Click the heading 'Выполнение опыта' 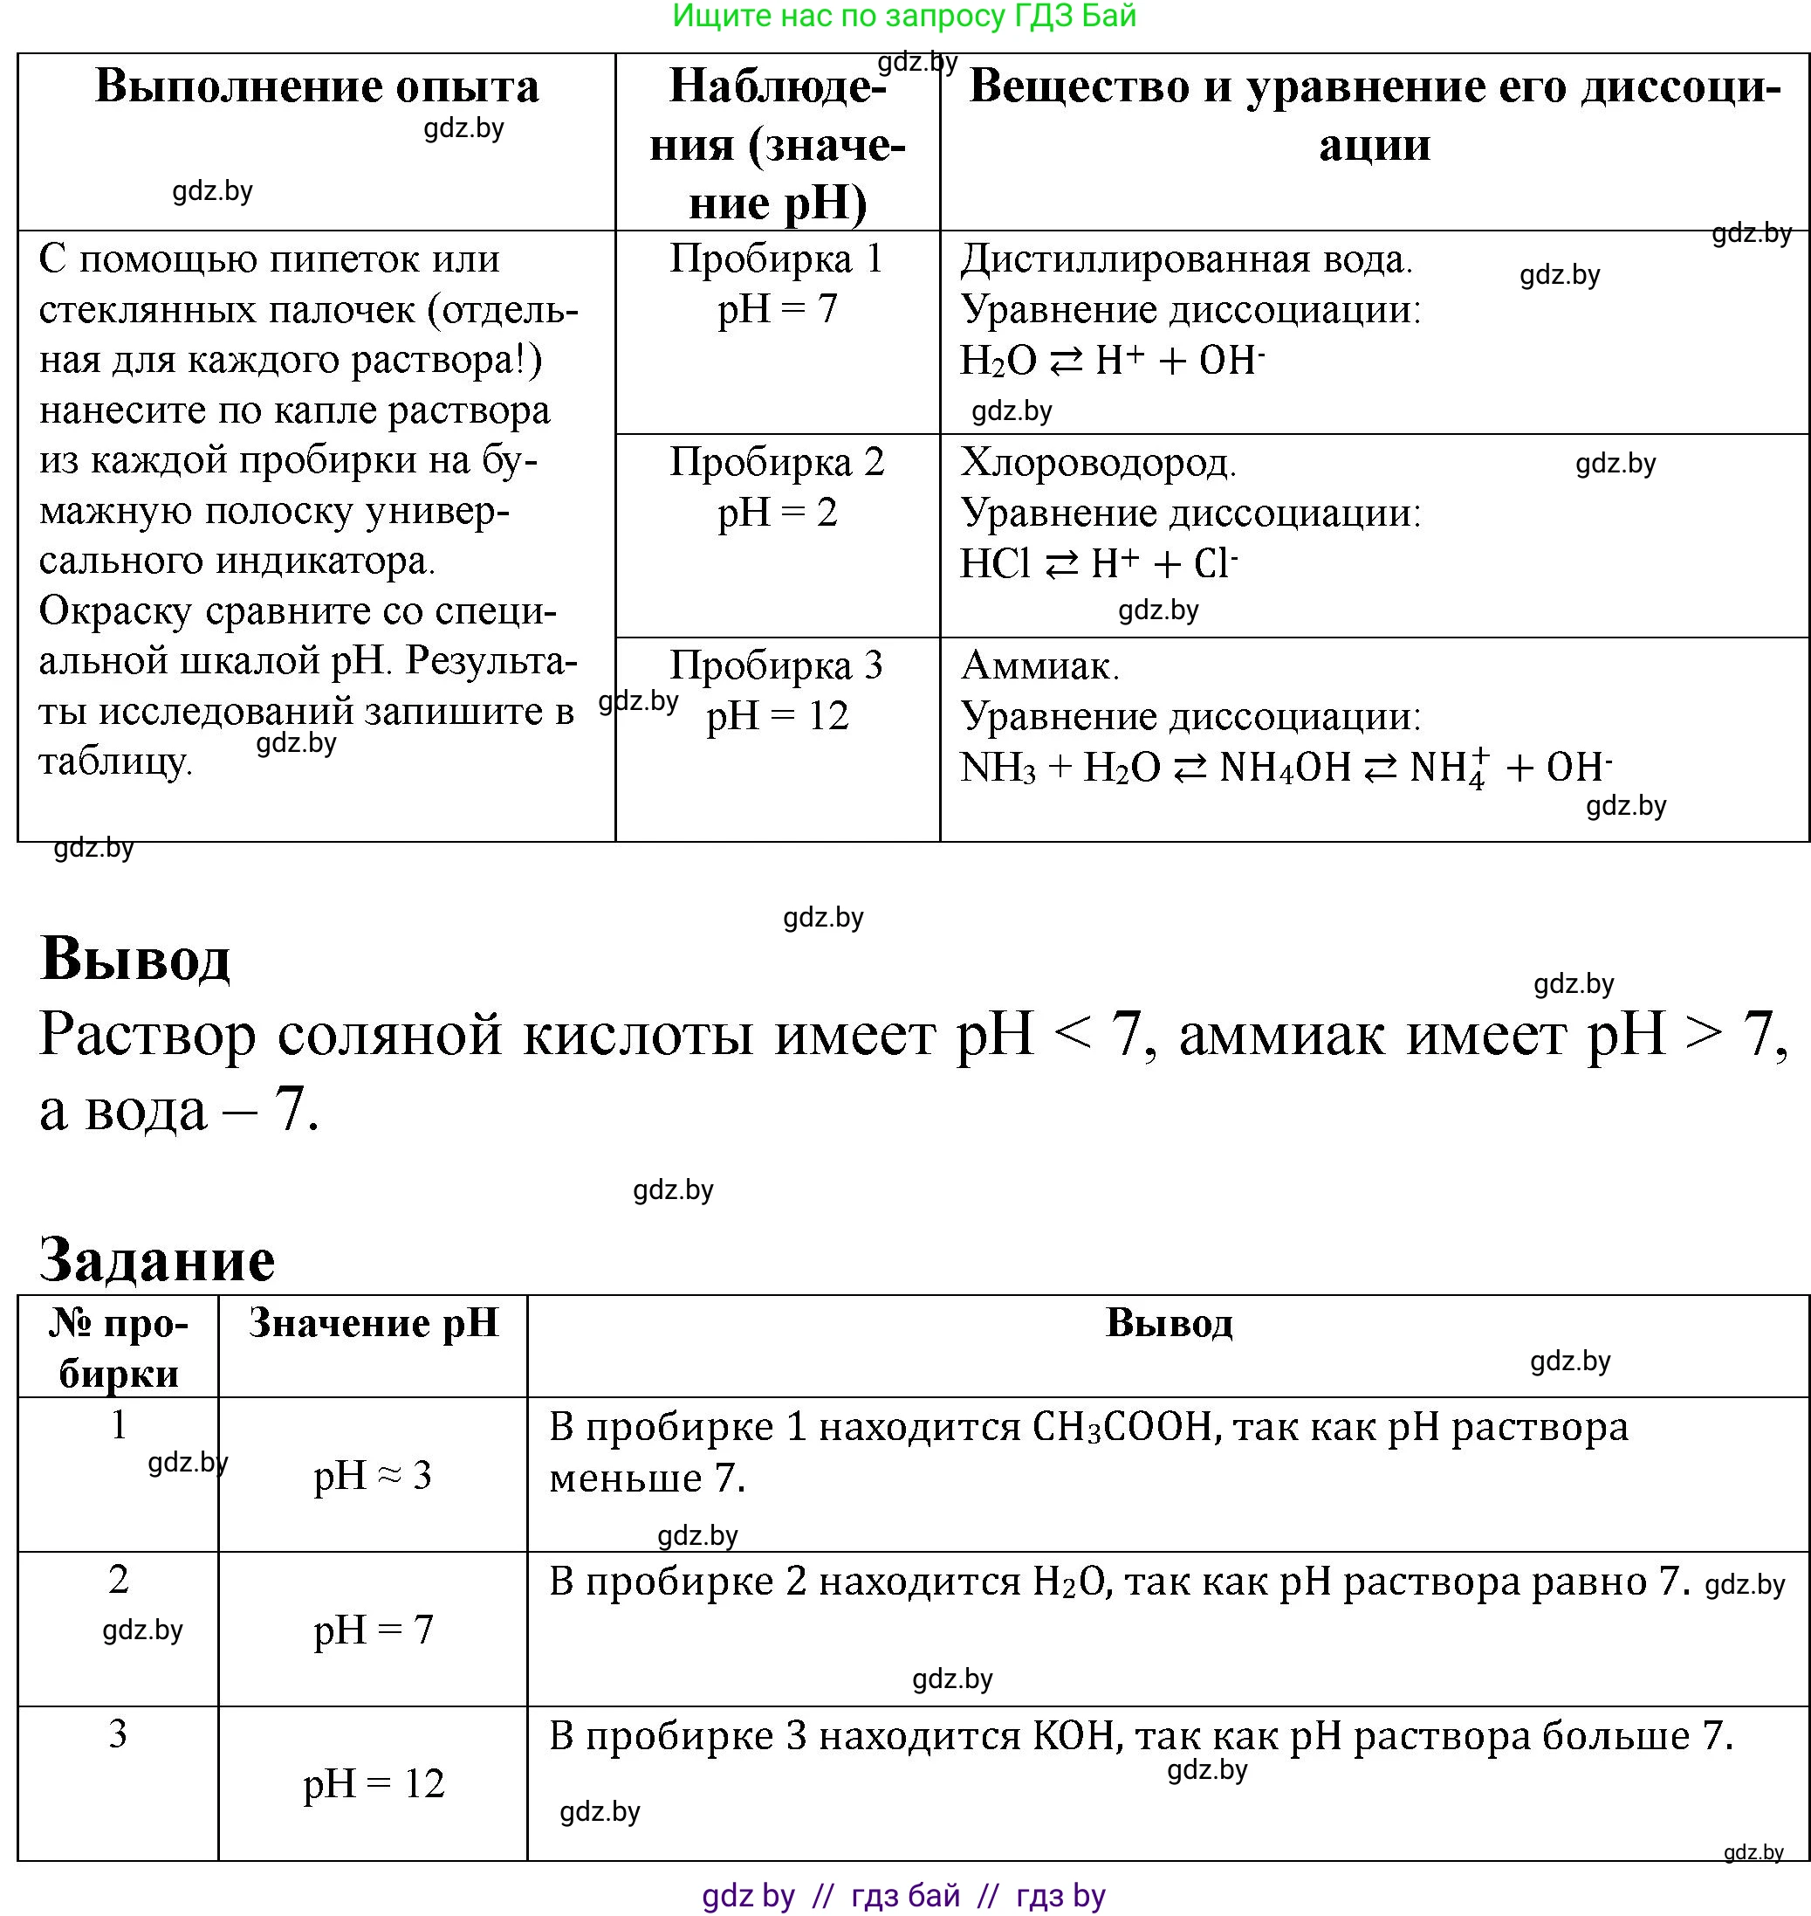click(317, 87)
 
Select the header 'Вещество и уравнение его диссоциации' click(1374, 115)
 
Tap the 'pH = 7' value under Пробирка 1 click(777, 310)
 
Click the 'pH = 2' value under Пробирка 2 click(777, 513)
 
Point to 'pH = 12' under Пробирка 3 click(777, 717)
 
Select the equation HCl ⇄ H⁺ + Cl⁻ click(1099, 564)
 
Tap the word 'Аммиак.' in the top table click(1040, 666)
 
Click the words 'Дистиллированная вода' click(1186, 259)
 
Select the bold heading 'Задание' click(157, 1259)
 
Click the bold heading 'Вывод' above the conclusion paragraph click(135, 959)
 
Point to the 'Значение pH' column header click(374, 1323)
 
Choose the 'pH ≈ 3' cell click(373, 1476)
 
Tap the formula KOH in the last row click(1074, 1736)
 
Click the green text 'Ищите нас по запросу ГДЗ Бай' click(904, 17)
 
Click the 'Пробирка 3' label click(777, 666)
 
